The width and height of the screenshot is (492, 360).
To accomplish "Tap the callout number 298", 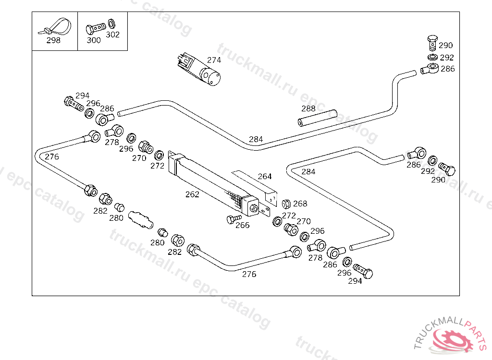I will click(53, 40).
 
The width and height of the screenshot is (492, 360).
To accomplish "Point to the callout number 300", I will click(94, 40).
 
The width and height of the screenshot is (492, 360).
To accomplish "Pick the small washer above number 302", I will click(112, 23).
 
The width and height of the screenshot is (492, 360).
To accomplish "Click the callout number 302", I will click(113, 35).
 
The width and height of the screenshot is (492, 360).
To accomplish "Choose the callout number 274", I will click(214, 60).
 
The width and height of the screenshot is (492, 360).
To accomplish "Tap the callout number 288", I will click(308, 108).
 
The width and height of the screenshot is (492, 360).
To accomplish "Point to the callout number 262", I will click(192, 194).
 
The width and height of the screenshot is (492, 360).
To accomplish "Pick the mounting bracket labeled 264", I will click(255, 187).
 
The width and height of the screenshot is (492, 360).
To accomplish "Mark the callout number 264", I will click(265, 176).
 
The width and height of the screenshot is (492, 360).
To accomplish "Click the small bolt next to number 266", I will click(233, 219).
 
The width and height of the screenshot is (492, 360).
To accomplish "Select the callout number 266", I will click(243, 225).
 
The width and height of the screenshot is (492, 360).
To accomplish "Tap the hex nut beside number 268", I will click(285, 204).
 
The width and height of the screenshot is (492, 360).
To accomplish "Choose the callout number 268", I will click(300, 204).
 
